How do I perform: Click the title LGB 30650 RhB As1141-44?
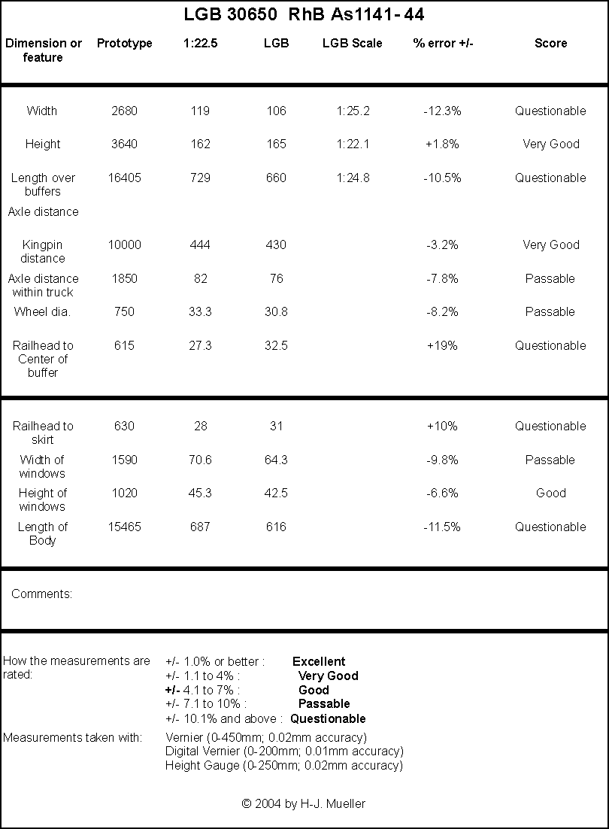coord(304,14)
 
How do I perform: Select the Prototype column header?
coord(125,44)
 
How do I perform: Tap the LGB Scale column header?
coord(353,44)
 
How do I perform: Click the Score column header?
coord(551,44)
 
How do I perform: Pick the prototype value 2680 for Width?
coord(125,111)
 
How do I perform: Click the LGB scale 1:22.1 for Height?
coord(353,144)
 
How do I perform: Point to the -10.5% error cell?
coord(442,178)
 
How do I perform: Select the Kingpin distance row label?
coord(43,252)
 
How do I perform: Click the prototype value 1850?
coord(125,278)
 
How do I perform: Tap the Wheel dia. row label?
coord(42,312)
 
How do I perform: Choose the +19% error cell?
coord(442,346)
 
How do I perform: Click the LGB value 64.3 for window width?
coord(276,460)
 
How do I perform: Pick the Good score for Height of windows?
coord(551,493)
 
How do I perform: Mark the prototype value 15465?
coord(125,527)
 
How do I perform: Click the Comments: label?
coord(41,594)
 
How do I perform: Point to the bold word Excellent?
coord(319,662)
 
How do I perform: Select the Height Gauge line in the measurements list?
coord(284,766)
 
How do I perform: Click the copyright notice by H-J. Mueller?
coord(304,804)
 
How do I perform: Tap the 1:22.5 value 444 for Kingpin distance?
coord(200,245)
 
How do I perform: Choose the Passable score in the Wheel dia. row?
coord(550,312)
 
